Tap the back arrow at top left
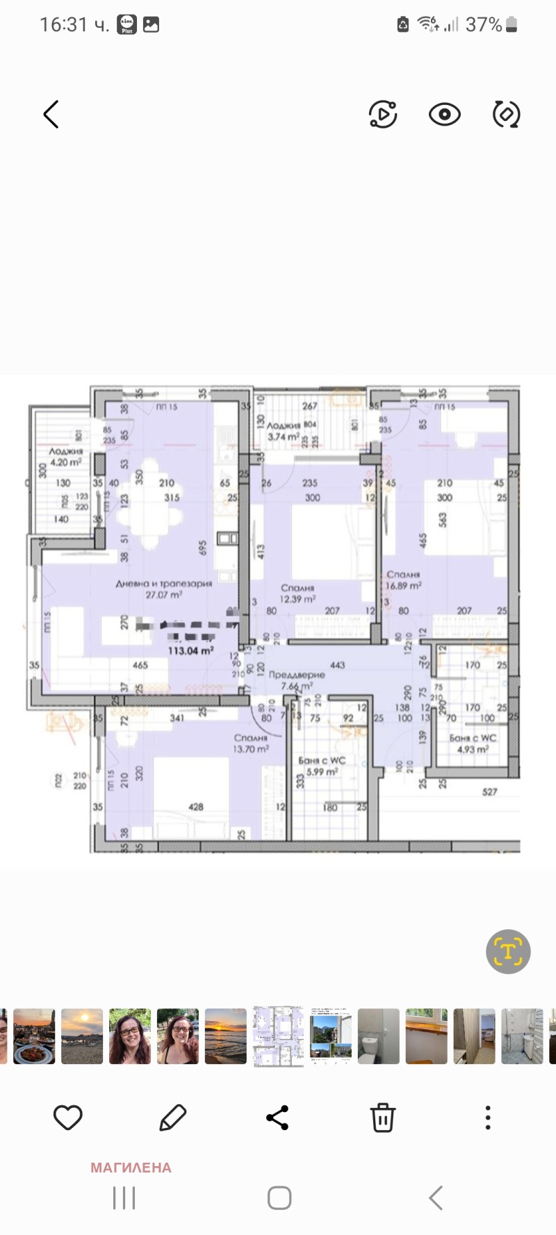click(51, 115)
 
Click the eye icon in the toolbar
click(444, 115)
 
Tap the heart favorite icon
click(68, 1118)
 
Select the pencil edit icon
click(172, 1118)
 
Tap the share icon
click(277, 1118)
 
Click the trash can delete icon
click(382, 1118)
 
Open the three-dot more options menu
click(488, 1118)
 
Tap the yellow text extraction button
click(508, 951)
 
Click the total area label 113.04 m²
click(190, 651)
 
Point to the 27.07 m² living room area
click(164, 595)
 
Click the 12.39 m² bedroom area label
click(297, 598)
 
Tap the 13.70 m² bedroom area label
click(251, 749)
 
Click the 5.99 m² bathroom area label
click(322, 771)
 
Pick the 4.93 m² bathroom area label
click(473, 749)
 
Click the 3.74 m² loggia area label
click(283, 436)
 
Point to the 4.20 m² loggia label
click(65, 462)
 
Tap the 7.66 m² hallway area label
click(297, 686)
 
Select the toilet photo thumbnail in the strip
click(379, 1036)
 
